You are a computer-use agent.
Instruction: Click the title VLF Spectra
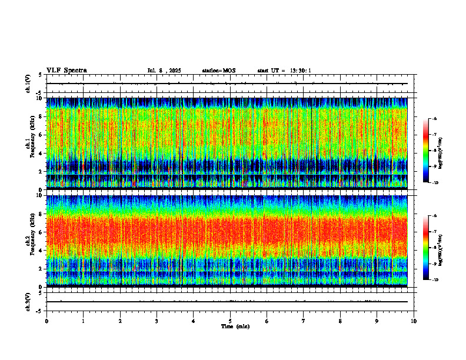[66, 71]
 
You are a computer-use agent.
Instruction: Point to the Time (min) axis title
[235, 326]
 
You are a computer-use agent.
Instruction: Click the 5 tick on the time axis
[230, 321]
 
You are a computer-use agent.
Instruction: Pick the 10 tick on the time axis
[414, 321]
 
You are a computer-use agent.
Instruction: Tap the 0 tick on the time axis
[46, 321]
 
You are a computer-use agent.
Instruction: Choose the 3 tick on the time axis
[157, 321]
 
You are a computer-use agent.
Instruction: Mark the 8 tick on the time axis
[340, 321]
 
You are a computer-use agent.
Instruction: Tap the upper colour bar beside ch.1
[426, 151]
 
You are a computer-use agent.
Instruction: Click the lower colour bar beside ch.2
[426, 248]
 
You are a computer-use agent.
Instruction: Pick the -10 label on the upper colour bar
[434, 182]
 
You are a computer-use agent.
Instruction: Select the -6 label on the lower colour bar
[434, 216]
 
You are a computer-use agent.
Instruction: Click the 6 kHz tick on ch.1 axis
[40, 135]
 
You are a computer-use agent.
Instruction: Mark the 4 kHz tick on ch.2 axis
[40, 250]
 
